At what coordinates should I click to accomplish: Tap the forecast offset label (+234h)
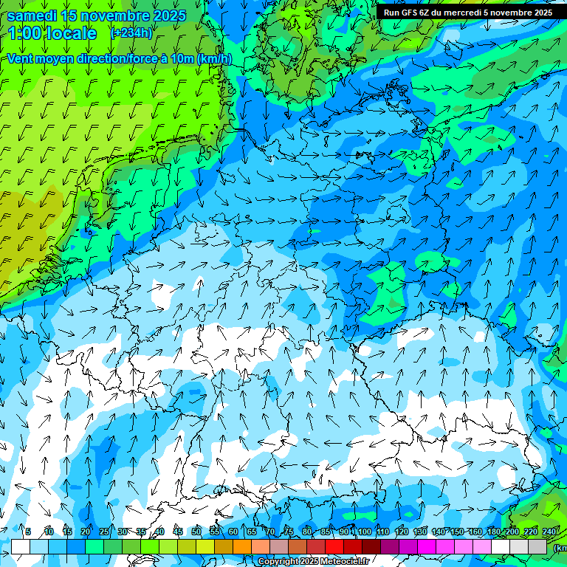point(131,32)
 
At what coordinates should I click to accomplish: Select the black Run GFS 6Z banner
point(468,13)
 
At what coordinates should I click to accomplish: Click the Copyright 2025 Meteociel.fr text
point(312,561)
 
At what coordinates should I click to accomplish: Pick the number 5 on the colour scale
point(28,532)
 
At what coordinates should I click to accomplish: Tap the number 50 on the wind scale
point(196,532)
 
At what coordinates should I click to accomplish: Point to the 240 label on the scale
point(549,532)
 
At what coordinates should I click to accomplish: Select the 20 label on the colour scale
point(86,532)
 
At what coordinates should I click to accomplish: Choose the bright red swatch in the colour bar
point(334,547)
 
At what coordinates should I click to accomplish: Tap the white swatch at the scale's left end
point(20,547)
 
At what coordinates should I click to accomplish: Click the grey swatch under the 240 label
point(537,547)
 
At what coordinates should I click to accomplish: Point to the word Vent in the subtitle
point(21,59)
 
